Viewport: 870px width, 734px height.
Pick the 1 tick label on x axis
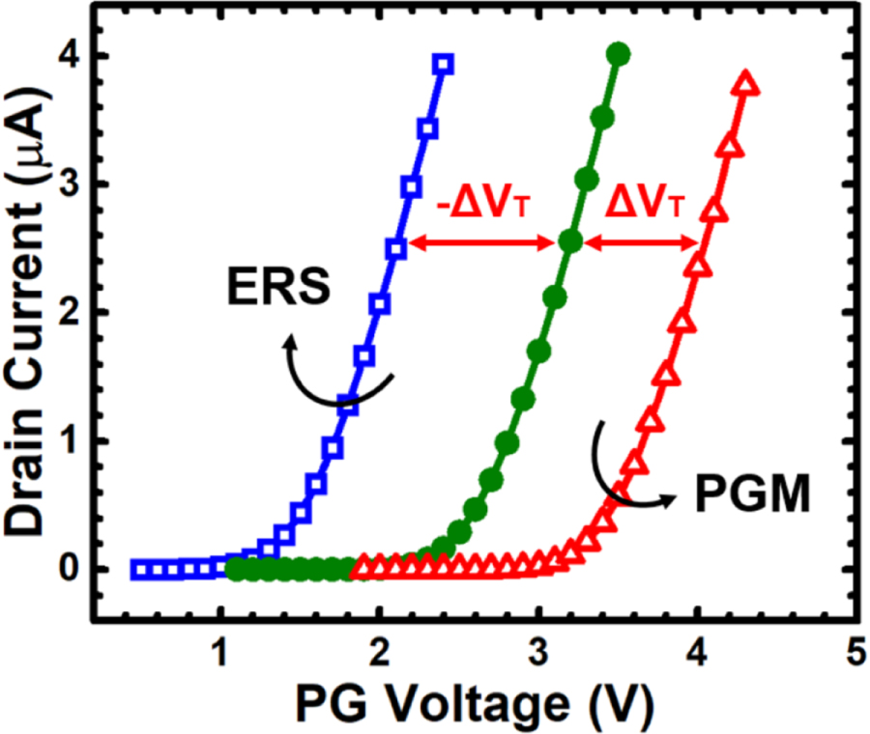(221, 650)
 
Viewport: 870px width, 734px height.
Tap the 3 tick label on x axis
(538, 650)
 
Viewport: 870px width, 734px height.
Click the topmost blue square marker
(444, 65)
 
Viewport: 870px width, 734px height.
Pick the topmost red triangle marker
(745, 85)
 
